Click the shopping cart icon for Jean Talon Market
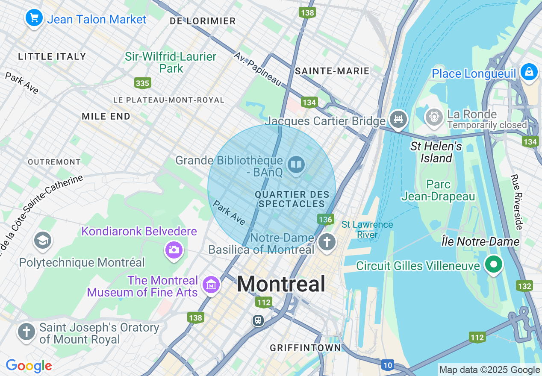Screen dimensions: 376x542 [34, 18]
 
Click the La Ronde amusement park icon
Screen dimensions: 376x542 [434, 116]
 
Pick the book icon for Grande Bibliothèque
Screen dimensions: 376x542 [296, 164]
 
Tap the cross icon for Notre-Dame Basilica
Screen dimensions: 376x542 [327, 242]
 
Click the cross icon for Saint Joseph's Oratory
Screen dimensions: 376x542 [27, 332]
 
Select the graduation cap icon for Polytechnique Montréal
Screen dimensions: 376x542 [42, 241]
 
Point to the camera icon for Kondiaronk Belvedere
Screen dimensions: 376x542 [174, 250]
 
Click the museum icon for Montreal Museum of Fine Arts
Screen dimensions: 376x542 [211, 284]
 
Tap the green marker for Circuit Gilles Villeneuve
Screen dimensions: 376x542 [494, 264]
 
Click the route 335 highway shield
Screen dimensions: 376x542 [142, 83]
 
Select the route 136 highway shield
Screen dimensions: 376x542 [325, 220]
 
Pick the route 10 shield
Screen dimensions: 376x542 [387, 365]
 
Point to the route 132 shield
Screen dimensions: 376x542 [524, 286]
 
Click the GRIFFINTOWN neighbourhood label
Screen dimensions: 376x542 [306, 348]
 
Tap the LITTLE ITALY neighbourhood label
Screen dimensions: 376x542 [52, 56]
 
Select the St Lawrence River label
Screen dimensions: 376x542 [367, 229]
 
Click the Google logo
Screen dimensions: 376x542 [29, 366]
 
